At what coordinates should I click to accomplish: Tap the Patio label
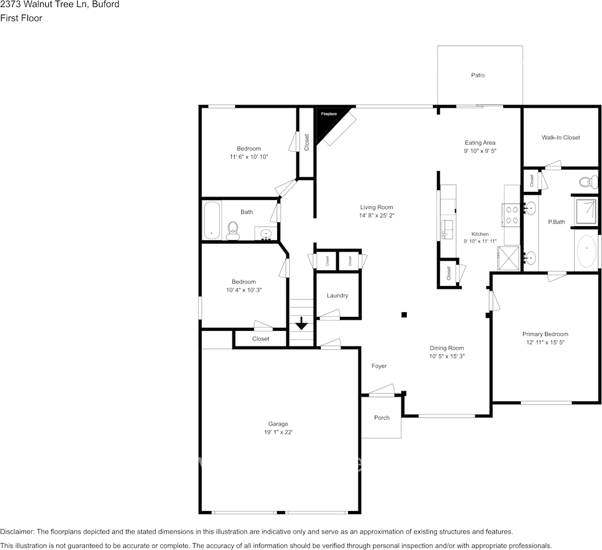tap(478, 75)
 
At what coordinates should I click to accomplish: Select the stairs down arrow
tap(302, 323)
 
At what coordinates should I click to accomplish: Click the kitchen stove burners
tap(513, 215)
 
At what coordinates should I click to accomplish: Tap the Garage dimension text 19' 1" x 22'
tap(278, 433)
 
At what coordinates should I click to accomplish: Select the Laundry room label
tap(337, 295)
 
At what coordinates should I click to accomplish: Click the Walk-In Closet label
tap(561, 138)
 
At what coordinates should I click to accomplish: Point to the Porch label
tap(382, 417)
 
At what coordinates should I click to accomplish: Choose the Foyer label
tap(379, 366)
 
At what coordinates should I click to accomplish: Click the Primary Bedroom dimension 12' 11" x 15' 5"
tap(545, 342)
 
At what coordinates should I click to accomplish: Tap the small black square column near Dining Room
tap(404, 315)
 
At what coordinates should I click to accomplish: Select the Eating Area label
tap(479, 142)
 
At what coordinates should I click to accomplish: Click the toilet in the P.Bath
tap(589, 181)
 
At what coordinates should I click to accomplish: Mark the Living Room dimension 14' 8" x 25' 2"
tap(377, 216)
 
